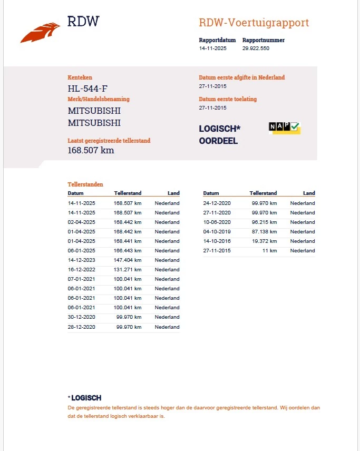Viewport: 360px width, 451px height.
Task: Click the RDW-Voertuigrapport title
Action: [x=254, y=23]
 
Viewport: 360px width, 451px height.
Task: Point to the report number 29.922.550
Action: [x=256, y=48]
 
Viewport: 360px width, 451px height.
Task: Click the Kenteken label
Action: [x=80, y=77]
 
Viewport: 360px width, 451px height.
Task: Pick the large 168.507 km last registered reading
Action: [x=91, y=150]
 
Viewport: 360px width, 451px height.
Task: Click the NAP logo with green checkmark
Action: [x=284, y=127]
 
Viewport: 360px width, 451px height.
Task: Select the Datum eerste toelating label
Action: [x=228, y=99]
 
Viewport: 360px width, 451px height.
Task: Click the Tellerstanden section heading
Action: [x=85, y=184]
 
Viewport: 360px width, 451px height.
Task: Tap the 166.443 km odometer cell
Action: [x=128, y=250]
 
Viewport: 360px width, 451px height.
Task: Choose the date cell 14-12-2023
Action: [x=82, y=260]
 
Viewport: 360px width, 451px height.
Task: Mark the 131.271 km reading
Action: [x=128, y=269]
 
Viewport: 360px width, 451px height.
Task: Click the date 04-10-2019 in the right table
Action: [x=217, y=232]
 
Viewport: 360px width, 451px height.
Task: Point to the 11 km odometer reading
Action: [x=270, y=251]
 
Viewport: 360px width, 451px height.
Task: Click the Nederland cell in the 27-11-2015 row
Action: [x=303, y=251]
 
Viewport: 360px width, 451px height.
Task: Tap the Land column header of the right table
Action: [x=309, y=193]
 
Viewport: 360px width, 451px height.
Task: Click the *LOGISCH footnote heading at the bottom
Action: [x=84, y=398]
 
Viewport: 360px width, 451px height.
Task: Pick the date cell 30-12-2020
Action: [x=82, y=317]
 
